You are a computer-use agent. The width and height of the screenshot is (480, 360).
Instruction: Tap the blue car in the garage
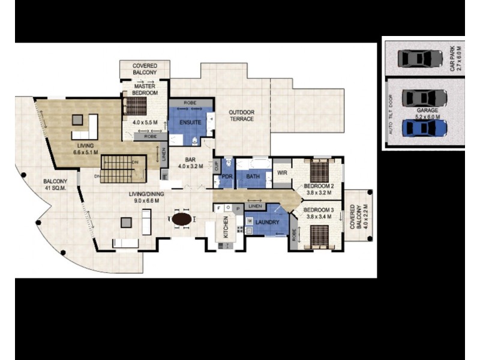[425, 128]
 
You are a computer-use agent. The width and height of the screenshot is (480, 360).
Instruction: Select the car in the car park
[420, 58]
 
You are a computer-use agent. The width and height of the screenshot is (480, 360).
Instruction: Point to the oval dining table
[182, 219]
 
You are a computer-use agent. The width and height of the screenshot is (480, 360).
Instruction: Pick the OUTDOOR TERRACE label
[241, 115]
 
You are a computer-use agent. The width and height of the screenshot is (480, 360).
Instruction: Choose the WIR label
[281, 172]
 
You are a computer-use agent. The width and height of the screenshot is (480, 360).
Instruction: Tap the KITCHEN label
[226, 228]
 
